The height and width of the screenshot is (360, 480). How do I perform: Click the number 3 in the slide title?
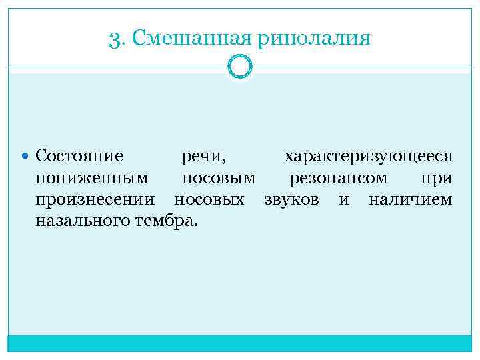coord(113,39)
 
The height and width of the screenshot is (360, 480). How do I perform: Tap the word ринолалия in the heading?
coord(311,39)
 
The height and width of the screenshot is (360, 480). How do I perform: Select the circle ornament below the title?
coord(240,67)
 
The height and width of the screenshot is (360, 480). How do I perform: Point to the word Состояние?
coord(79,157)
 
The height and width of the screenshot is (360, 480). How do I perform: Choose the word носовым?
coord(219,179)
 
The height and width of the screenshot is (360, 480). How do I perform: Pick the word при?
coord(437,179)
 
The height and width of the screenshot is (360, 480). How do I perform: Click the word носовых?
coord(209,199)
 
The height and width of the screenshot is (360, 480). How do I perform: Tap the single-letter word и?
coord(344,200)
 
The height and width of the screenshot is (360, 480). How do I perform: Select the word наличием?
coord(411,199)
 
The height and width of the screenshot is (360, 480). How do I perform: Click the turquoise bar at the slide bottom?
coord(240,343)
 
